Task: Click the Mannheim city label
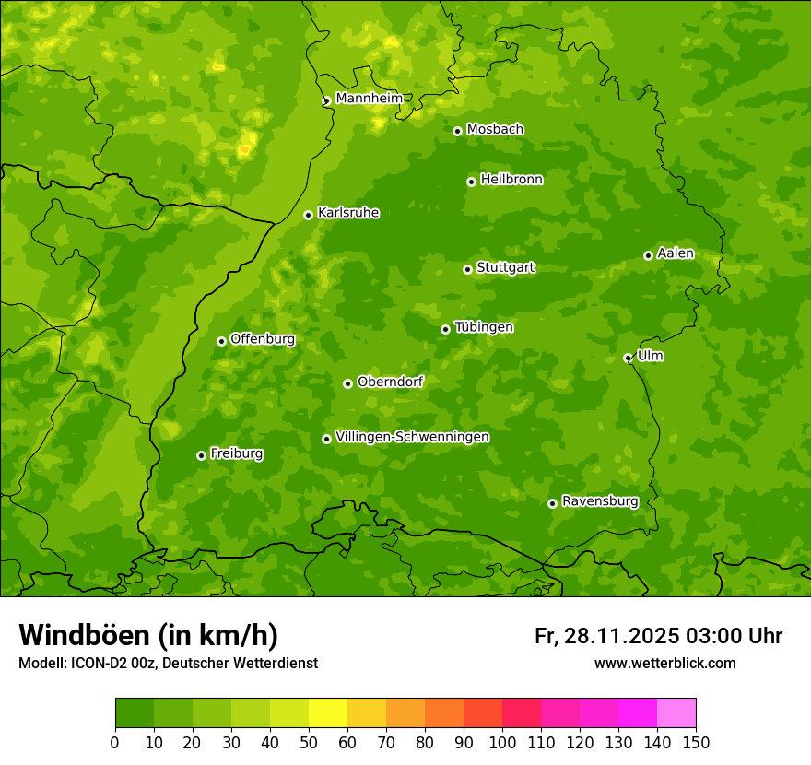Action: pyautogui.click(x=369, y=98)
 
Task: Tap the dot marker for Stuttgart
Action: pyautogui.click(x=467, y=269)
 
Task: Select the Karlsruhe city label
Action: pyautogui.click(x=348, y=213)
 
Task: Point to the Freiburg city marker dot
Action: pyautogui.click(x=201, y=455)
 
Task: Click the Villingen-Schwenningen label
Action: pyautogui.click(x=412, y=437)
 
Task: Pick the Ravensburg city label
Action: pyautogui.click(x=600, y=501)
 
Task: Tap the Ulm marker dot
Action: pyautogui.click(x=628, y=358)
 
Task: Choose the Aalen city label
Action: pyautogui.click(x=676, y=253)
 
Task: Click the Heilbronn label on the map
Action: pyautogui.click(x=511, y=180)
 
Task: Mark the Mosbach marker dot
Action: pyautogui.click(x=457, y=131)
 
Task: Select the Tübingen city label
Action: pyautogui.click(x=484, y=327)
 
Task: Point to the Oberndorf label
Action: pyautogui.click(x=391, y=382)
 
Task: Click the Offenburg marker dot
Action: pyautogui.click(x=221, y=341)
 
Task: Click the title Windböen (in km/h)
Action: pyautogui.click(x=148, y=635)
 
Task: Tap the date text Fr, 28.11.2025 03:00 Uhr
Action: pyautogui.click(x=658, y=636)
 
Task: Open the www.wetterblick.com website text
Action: pyautogui.click(x=664, y=663)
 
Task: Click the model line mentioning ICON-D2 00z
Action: pyautogui.click(x=168, y=663)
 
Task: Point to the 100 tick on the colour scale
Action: pyautogui.click(x=502, y=742)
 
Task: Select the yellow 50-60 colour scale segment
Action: pyautogui.click(x=328, y=713)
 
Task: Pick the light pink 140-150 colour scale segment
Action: pyautogui.click(x=676, y=713)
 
